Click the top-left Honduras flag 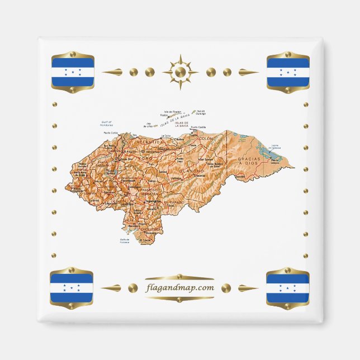pos(72,72)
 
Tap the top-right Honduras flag pos(288,72)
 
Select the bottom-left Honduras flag pos(72,288)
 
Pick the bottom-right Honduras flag pos(287,288)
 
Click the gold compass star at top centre pos(180,72)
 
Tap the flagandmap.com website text pos(179,288)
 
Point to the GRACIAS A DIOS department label pos(249,161)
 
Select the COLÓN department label pos(207,138)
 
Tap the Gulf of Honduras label pos(106,124)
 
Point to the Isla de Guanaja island pos(194,111)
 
